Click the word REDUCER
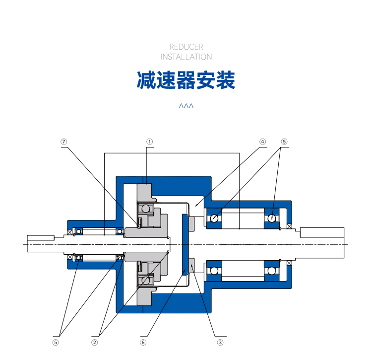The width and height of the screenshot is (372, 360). [x=186, y=47]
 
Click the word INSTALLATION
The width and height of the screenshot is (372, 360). [x=186, y=57]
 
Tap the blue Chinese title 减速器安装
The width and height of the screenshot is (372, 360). [x=186, y=80]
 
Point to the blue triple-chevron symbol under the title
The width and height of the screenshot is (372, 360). [x=186, y=105]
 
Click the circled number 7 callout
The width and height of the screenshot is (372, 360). [x=64, y=142]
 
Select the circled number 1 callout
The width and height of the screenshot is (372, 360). [x=149, y=142]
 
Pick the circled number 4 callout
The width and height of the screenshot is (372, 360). [x=262, y=142]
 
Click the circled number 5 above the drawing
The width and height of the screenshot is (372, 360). [x=284, y=142]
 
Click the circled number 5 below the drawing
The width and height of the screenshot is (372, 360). [x=56, y=343]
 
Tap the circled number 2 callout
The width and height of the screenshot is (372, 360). [x=94, y=343]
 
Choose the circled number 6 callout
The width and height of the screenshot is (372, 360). [x=143, y=343]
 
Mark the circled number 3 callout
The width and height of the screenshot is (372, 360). [x=220, y=343]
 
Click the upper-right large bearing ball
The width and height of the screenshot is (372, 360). [x=272, y=218]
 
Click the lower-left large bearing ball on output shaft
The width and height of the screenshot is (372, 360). [x=214, y=271]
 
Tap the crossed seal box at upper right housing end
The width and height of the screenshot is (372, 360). [x=289, y=226]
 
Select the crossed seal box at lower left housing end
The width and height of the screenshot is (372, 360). [x=70, y=257]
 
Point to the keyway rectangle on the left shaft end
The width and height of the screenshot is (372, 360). [x=41, y=238]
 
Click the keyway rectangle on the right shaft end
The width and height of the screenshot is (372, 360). [x=322, y=232]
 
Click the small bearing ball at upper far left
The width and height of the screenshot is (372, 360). [x=79, y=231]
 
